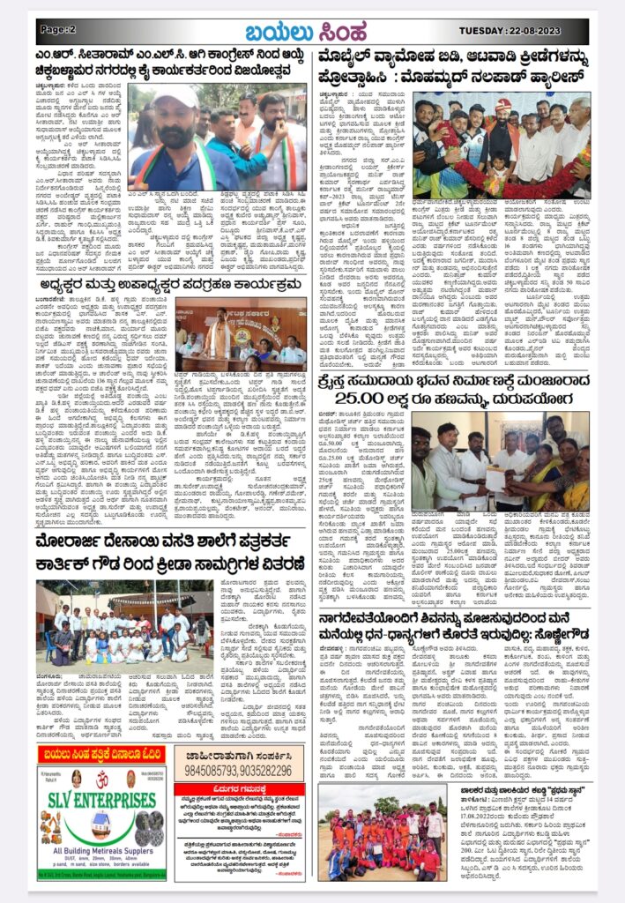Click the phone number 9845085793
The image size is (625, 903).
click(x=217, y=771)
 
